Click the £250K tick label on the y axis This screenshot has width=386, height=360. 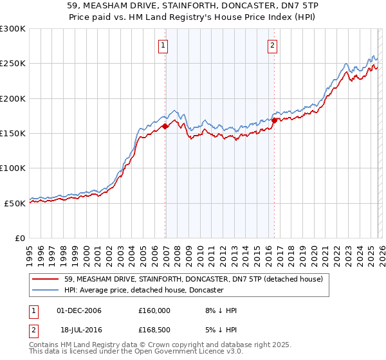(13, 64)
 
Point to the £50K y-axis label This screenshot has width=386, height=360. (15, 203)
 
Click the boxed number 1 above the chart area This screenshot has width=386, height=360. (163, 46)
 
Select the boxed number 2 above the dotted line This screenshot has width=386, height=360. (273, 46)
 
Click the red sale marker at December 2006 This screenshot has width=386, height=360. (165, 126)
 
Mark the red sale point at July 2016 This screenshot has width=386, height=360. (274, 120)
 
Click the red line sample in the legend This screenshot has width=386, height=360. (45, 279)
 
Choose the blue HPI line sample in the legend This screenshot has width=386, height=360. (45, 290)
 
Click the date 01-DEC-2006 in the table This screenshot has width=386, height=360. (79, 310)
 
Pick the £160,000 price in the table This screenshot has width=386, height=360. (154, 310)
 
